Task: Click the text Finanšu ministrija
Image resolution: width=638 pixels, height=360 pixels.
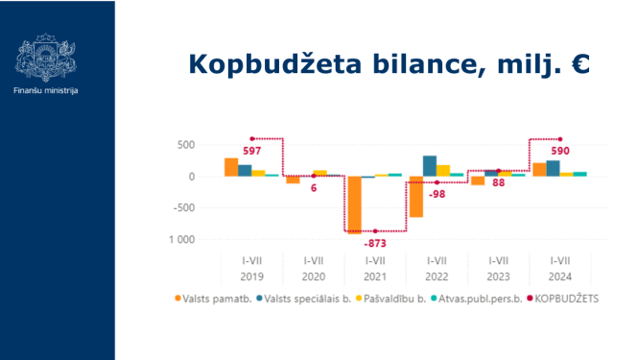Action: click(46, 89)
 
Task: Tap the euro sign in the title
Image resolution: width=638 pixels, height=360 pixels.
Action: click(578, 63)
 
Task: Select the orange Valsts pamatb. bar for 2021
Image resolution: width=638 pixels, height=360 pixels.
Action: click(355, 204)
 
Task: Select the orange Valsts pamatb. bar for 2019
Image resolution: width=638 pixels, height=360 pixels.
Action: click(231, 167)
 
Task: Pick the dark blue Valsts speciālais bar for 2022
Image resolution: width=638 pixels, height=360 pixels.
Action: click(430, 166)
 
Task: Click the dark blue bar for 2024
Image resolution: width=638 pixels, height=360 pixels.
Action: click(554, 168)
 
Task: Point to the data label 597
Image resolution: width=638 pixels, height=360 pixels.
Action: click(252, 151)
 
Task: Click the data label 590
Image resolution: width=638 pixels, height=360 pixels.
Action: click(560, 151)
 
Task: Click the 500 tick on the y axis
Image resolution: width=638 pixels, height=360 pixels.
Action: click(185, 146)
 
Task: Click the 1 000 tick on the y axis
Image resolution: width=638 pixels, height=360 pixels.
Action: click(182, 239)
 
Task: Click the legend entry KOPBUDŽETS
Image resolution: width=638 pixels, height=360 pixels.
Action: click(566, 299)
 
